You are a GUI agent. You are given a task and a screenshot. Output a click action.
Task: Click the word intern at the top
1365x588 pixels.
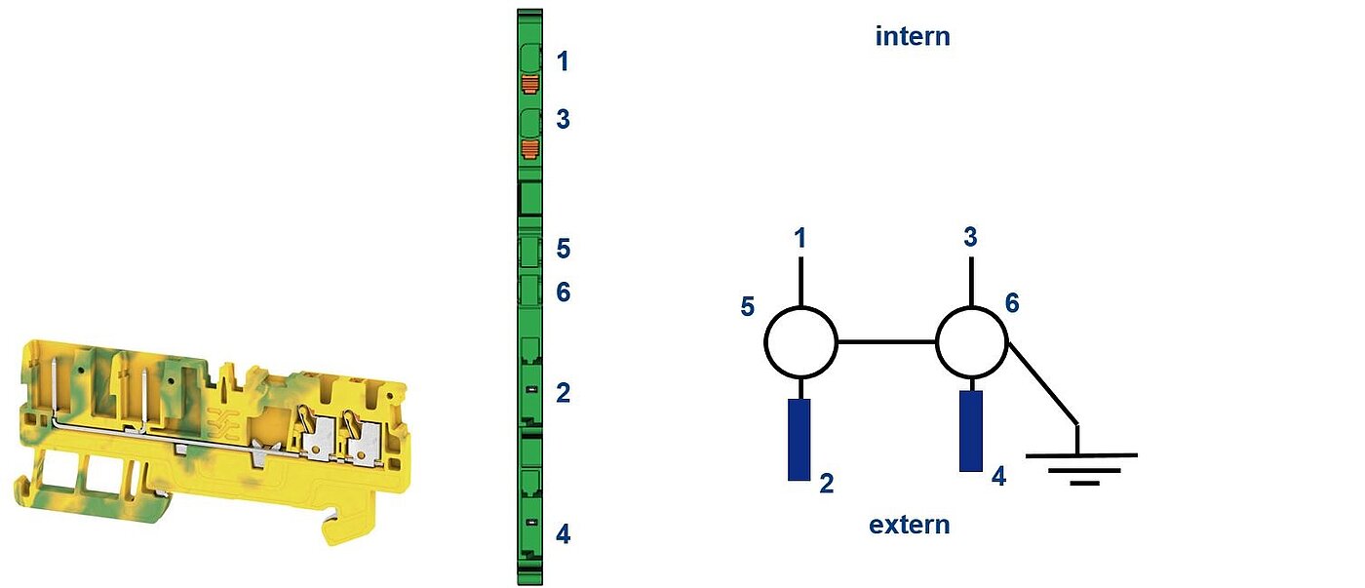pyautogui.click(x=913, y=36)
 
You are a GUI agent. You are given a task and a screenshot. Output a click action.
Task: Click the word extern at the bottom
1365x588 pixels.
pyautogui.click(x=909, y=525)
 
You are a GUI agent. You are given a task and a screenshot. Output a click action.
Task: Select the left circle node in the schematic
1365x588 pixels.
pyautogui.click(x=800, y=342)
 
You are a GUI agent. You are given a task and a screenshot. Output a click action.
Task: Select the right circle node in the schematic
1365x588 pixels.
pyautogui.click(x=971, y=342)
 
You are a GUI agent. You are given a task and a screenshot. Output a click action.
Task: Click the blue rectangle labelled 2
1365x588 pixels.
pyautogui.click(x=799, y=440)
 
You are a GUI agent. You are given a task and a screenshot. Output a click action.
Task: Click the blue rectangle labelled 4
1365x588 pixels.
pyautogui.click(x=971, y=431)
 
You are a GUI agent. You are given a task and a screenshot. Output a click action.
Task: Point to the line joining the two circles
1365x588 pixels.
pyautogui.click(x=886, y=342)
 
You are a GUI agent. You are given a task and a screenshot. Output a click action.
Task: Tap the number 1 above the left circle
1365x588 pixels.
pyautogui.click(x=800, y=238)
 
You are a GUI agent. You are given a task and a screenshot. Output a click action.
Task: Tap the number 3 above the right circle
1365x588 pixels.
pyautogui.click(x=971, y=236)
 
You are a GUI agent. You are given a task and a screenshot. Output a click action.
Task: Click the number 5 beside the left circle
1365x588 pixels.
pyautogui.click(x=748, y=306)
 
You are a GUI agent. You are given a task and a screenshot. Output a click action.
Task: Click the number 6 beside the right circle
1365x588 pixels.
pyautogui.click(x=1012, y=303)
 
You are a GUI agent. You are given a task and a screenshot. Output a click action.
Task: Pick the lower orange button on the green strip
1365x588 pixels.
pyautogui.click(x=530, y=147)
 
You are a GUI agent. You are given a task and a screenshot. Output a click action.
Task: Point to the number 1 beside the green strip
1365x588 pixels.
pyautogui.click(x=564, y=61)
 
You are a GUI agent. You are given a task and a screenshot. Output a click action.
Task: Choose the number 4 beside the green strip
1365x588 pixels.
pyautogui.click(x=564, y=534)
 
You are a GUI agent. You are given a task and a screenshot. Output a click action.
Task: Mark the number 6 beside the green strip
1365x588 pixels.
pyautogui.click(x=564, y=293)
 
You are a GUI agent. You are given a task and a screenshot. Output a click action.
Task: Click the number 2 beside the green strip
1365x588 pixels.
pyautogui.click(x=564, y=393)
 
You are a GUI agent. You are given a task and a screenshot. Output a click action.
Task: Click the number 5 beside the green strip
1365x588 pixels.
pyautogui.click(x=564, y=249)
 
